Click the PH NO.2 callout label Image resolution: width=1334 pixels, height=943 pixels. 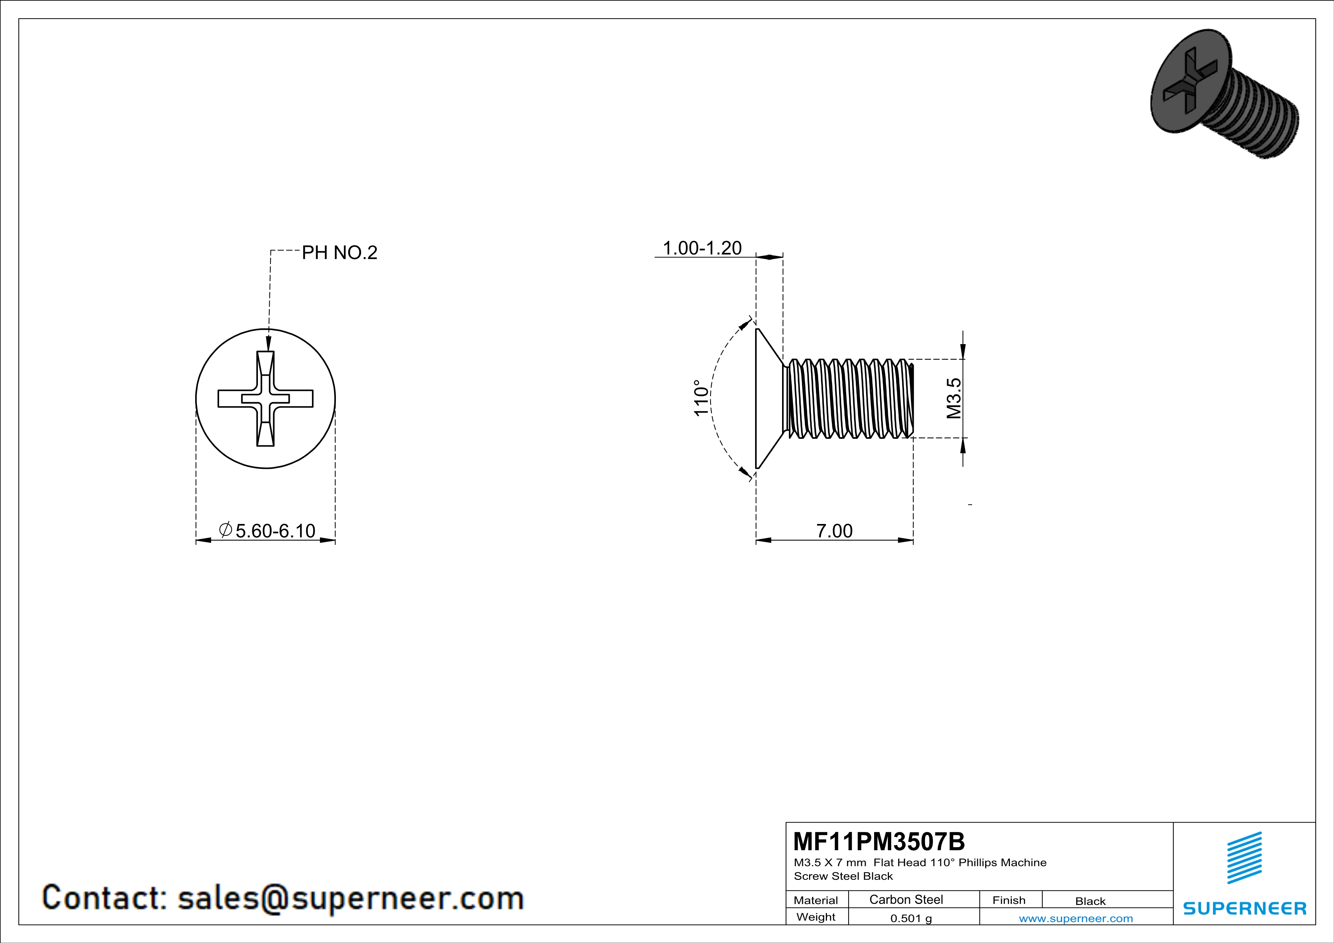click(x=339, y=252)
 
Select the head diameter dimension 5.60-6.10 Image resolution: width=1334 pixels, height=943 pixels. click(x=267, y=531)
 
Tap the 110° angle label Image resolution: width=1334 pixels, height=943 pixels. click(x=702, y=398)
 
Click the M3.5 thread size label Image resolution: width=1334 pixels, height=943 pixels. click(x=954, y=398)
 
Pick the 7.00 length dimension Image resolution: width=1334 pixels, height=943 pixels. click(x=834, y=531)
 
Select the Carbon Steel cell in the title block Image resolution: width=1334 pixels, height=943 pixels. click(x=906, y=899)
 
